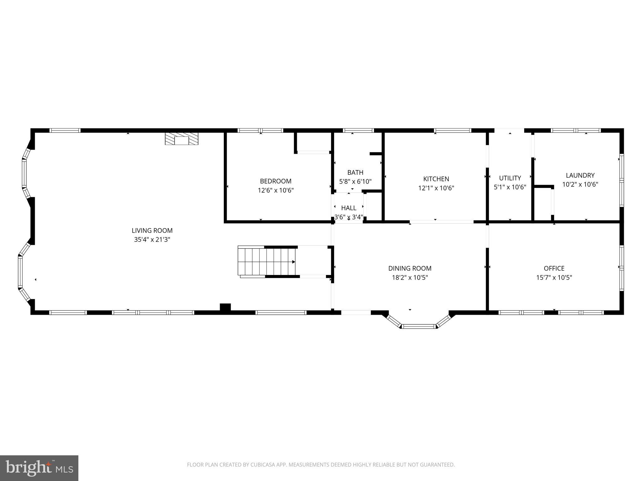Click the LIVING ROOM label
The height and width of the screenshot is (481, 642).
(x=152, y=230)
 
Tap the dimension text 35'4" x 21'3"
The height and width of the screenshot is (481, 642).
(x=152, y=240)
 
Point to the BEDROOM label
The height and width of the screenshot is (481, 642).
(x=276, y=181)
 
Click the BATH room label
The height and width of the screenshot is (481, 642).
(x=355, y=173)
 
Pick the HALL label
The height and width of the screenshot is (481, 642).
(x=349, y=208)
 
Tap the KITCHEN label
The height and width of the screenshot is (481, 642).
(x=436, y=179)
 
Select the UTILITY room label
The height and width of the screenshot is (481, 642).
(x=510, y=178)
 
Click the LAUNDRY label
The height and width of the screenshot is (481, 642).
(x=580, y=175)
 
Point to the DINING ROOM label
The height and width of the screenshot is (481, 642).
(x=410, y=268)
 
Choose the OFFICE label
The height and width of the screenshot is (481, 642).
(x=554, y=268)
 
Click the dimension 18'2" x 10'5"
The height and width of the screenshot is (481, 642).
(x=410, y=277)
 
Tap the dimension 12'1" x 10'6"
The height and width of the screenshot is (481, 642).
(x=436, y=188)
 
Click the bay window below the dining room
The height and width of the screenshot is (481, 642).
(x=419, y=326)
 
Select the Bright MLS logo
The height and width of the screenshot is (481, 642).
(x=39, y=468)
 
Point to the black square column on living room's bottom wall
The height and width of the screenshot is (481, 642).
(x=225, y=307)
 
